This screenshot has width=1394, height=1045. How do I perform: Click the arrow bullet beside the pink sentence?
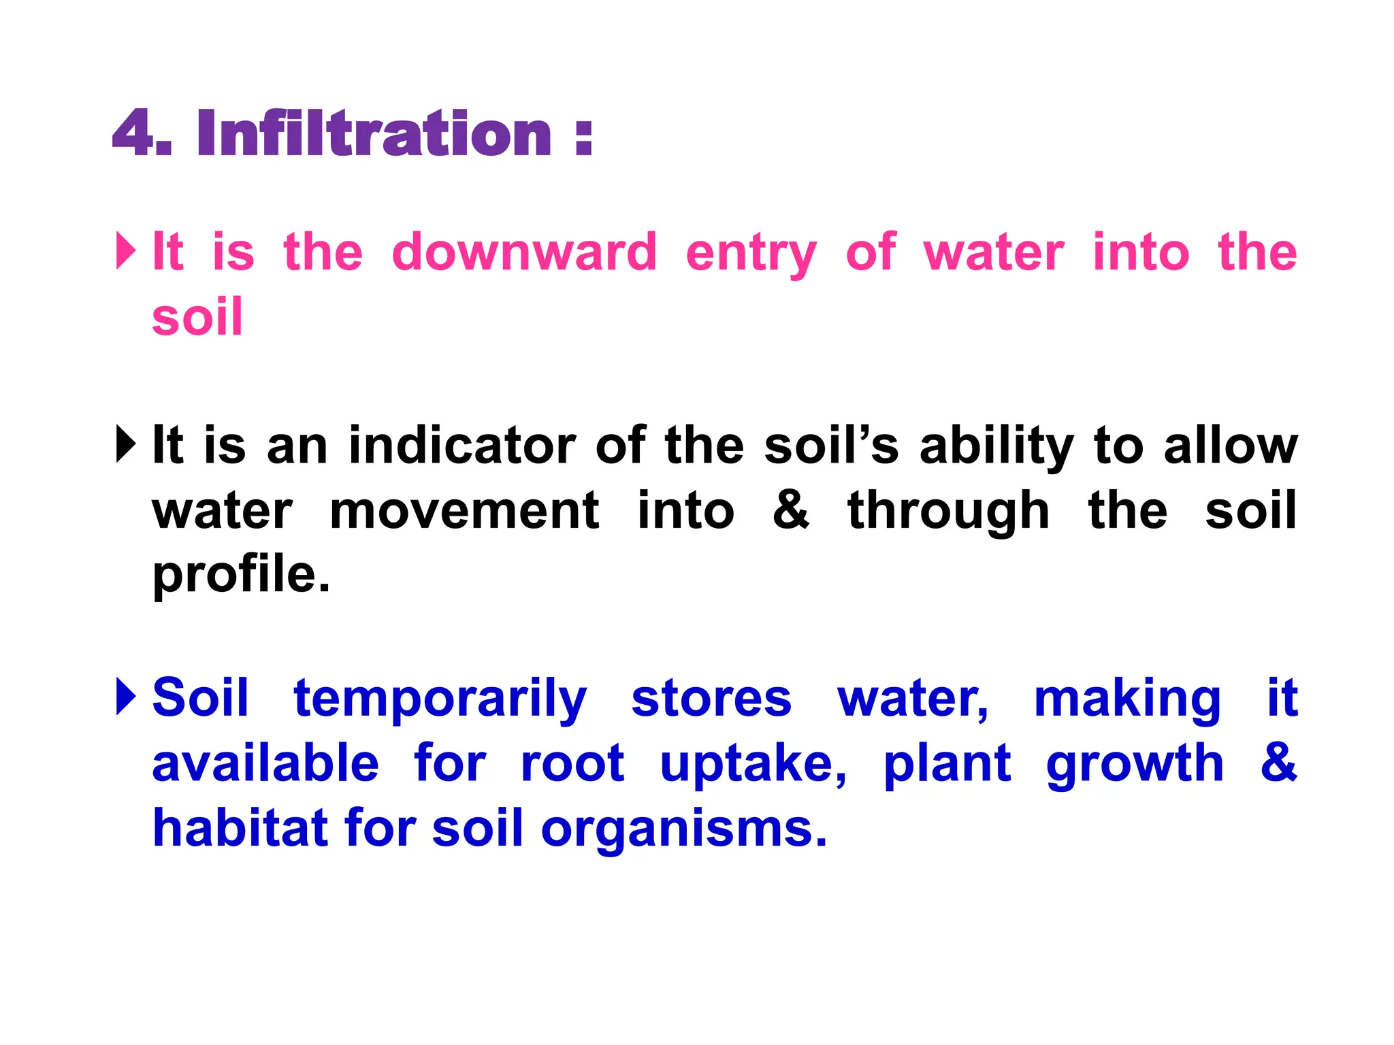[x=126, y=251]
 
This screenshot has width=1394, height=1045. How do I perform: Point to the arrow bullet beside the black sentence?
[x=126, y=444]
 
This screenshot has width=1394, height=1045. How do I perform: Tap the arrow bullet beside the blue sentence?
[x=126, y=697]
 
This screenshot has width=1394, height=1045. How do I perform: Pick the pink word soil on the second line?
[x=197, y=317]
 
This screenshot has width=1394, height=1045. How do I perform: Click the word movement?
[x=464, y=511]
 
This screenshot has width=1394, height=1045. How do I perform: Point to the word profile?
[x=240, y=576]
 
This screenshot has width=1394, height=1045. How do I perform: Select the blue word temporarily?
[x=440, y=699]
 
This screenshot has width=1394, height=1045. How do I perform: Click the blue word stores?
[x=711, y=699]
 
